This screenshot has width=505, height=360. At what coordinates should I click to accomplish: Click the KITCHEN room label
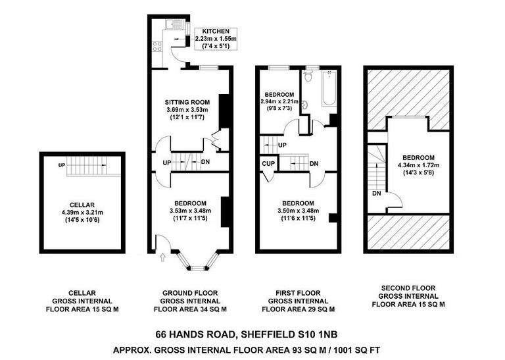[x=216, y=31]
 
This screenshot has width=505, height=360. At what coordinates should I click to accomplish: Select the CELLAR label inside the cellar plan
[x=83, y=204]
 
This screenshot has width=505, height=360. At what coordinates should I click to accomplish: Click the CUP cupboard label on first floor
[x=268, y=164]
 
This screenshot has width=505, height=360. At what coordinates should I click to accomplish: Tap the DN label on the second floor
[x=377, y=193]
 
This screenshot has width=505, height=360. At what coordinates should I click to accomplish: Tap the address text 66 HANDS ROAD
[x=198, y=334]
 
